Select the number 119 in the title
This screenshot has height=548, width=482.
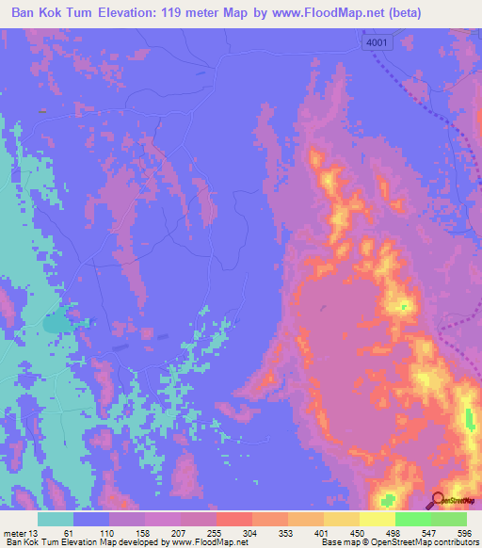point(192,13)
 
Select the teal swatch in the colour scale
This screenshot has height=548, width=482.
point(56,519)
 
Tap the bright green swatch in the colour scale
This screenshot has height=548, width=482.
point(412,519)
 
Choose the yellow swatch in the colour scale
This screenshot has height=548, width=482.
point(377,519)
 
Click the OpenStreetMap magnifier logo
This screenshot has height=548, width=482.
point(438,500)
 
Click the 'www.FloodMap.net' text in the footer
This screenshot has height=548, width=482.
point(202,542)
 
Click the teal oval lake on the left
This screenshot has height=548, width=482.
point(56,323)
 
